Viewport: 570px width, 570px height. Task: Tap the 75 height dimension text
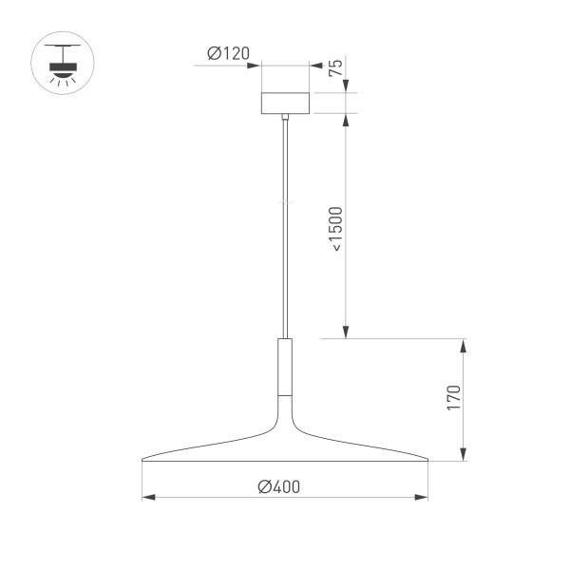[334, 68]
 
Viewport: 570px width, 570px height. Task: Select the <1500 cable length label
[336, 228]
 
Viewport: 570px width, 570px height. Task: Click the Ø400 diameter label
[278, 486]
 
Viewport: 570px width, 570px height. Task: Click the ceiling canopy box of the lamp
[285, 103]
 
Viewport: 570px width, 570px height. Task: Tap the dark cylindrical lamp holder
[285, 366]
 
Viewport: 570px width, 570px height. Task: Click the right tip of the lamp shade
[427, 461]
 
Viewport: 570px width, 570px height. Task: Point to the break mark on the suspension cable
[285, 202]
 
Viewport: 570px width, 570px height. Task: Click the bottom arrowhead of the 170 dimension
[465, 456]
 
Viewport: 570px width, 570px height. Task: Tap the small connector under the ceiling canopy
[285, 118]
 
